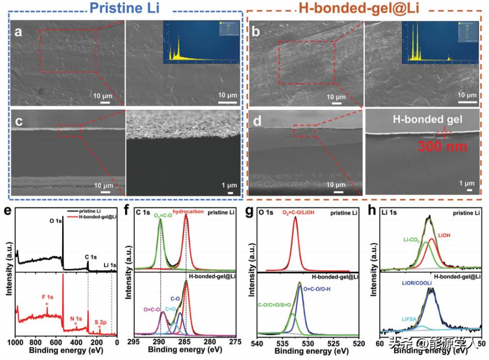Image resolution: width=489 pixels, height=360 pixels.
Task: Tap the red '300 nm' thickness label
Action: coord(438,147)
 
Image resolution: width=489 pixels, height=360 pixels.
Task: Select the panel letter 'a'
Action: coord(19,32)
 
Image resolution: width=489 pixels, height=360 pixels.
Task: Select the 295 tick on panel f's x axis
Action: coord(135,342)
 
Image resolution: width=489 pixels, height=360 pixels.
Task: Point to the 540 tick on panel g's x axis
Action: coord(258,342)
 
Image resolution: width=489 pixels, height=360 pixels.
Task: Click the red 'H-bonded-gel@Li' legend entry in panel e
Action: coord(97,217)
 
